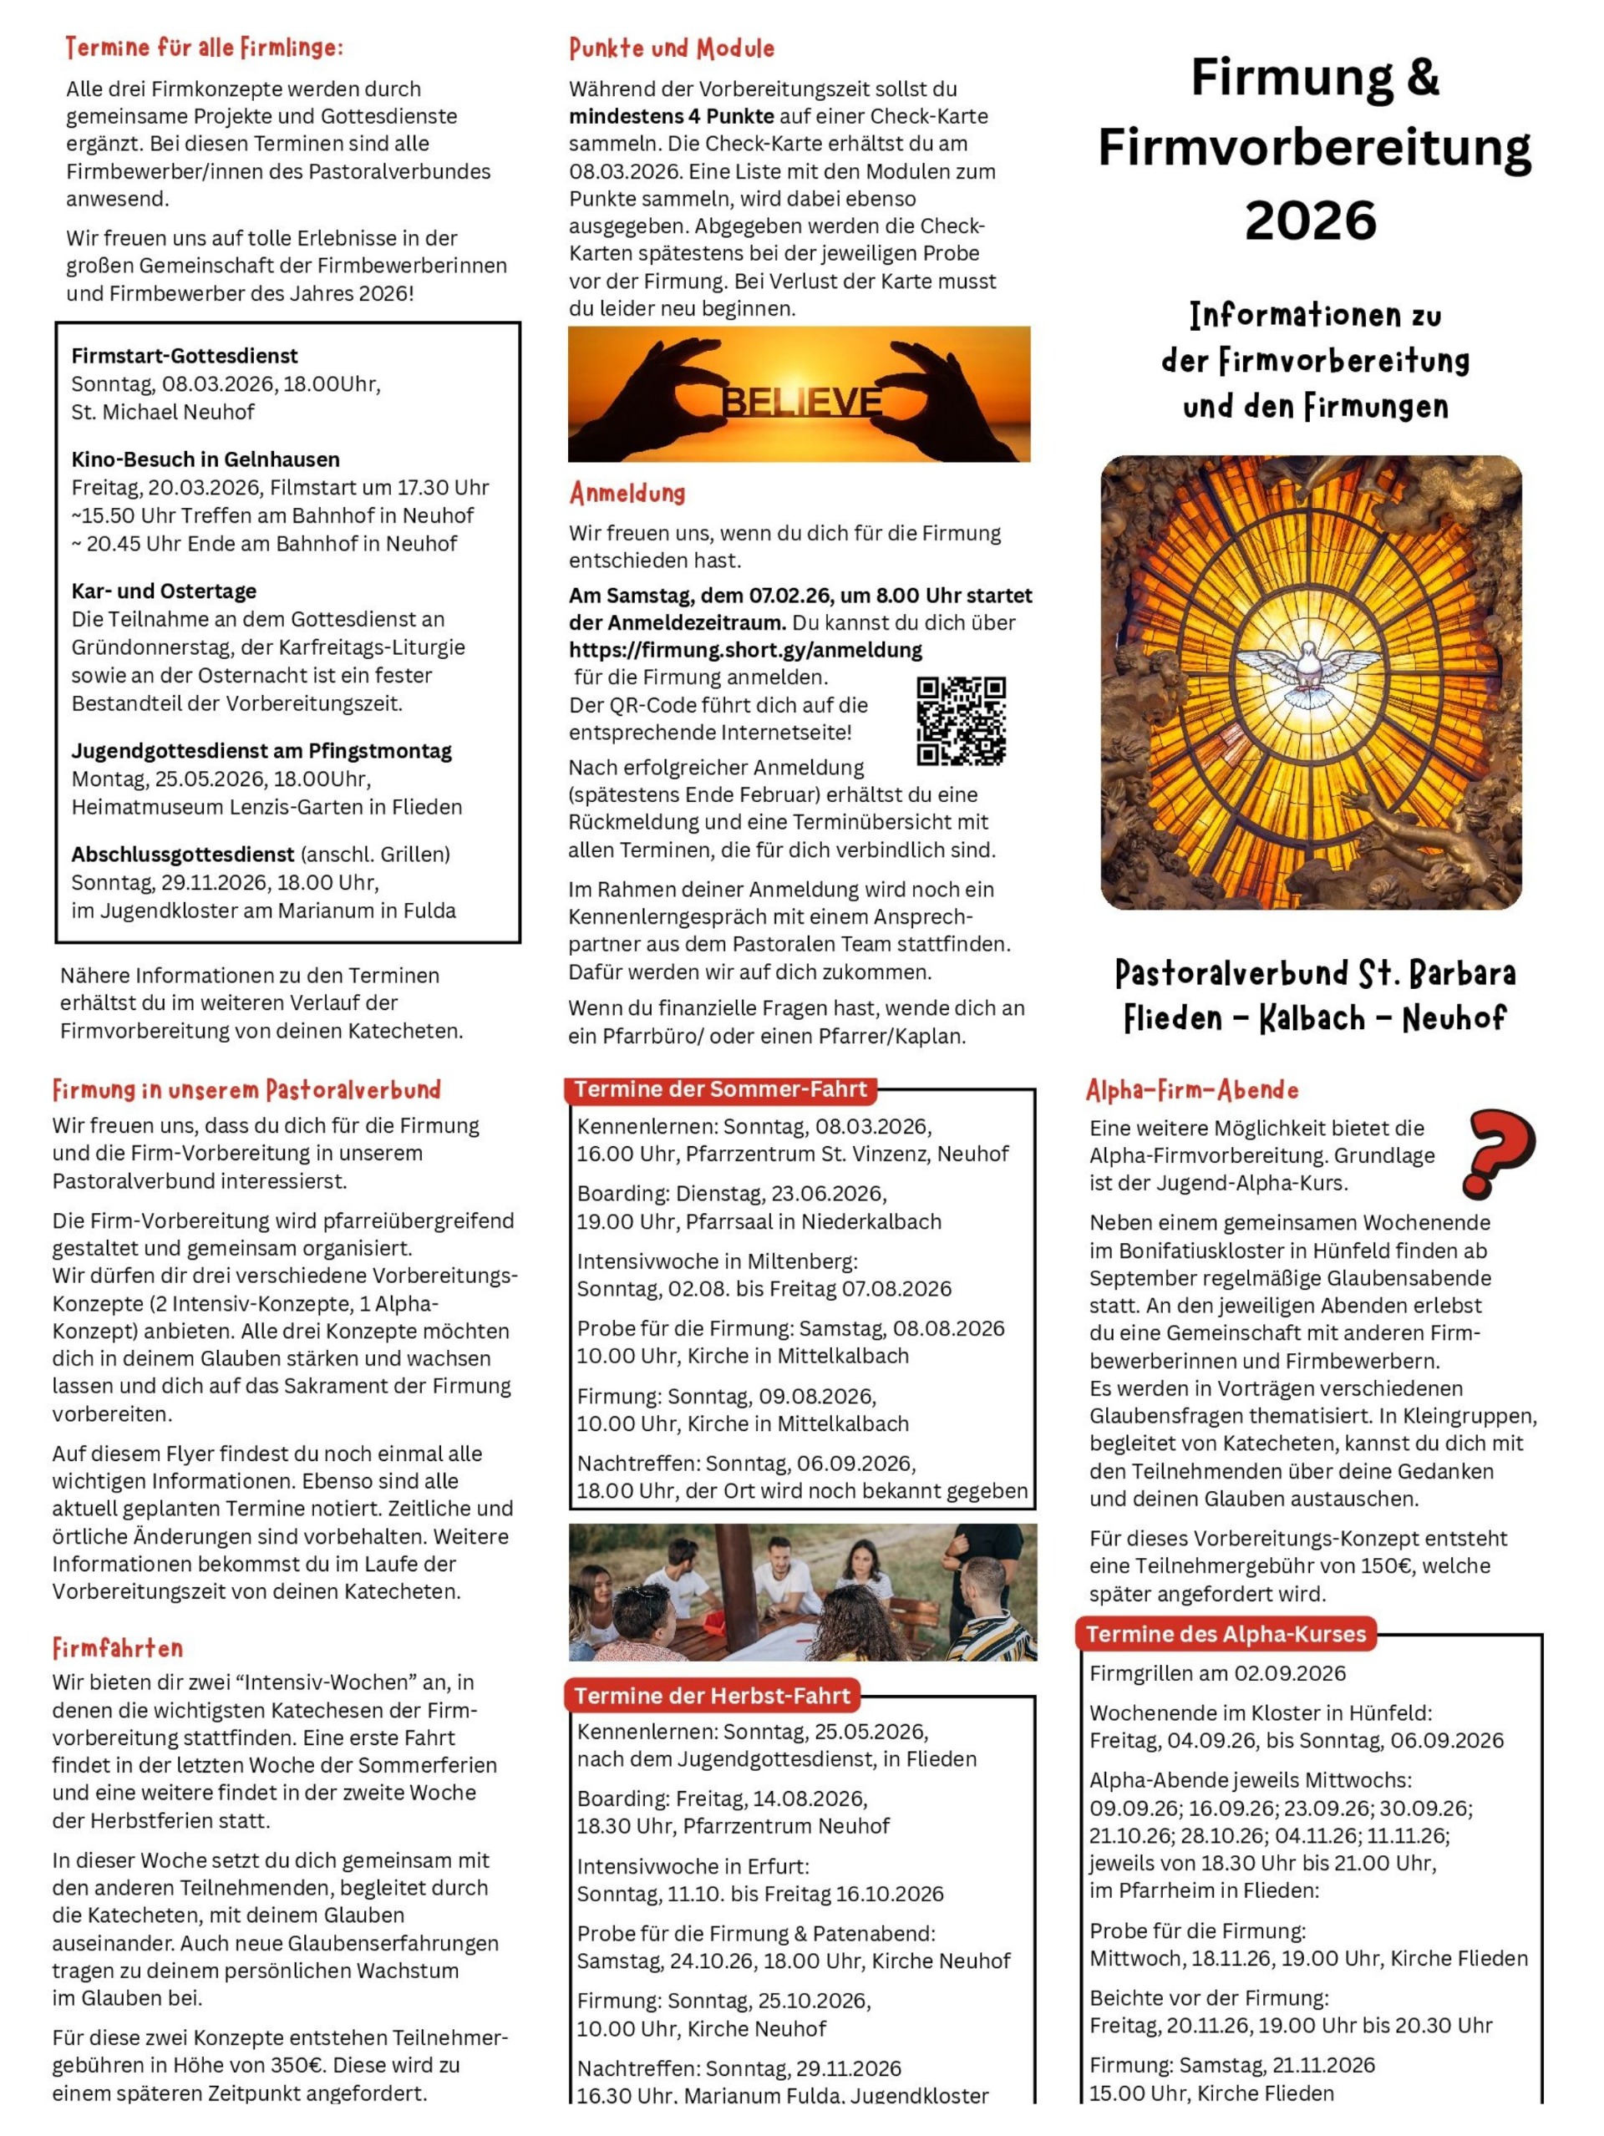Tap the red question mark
(1498, 1152)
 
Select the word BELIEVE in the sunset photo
(801, 401)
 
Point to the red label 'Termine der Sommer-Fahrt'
(720, 1089)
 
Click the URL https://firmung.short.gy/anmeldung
(744, 650)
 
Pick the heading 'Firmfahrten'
(118, 1648)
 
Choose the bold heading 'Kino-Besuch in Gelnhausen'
(206, 459)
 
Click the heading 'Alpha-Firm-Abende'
(1191, 1090)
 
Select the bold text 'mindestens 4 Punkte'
(671, 117)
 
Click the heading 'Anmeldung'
(627, 494)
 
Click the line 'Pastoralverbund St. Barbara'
(1314, 972)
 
